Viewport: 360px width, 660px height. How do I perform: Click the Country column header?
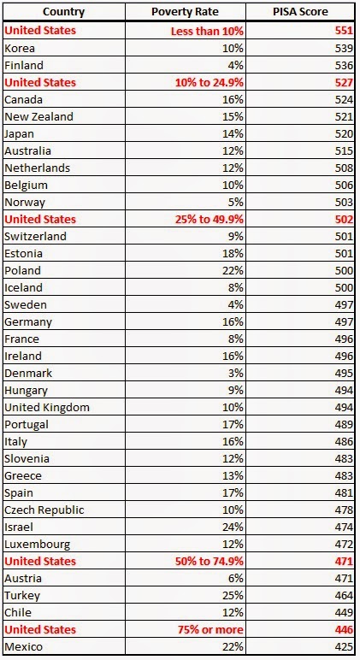(63, 12)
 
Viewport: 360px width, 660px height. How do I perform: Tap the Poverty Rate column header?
(185, 12)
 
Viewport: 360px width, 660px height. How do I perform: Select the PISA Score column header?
(300, 12)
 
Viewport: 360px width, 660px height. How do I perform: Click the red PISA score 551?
(344, 31)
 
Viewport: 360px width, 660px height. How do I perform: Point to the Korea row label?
(20, 49)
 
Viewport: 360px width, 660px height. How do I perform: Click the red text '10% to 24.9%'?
(210, 82)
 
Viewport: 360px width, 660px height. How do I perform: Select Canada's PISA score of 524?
(344, 100)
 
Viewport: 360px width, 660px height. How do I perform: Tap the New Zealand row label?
(38, 116)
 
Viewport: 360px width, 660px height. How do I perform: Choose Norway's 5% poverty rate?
(236, 202)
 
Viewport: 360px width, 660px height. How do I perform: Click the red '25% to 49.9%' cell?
(210, 220)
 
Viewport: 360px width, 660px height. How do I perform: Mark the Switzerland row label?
(35, 236)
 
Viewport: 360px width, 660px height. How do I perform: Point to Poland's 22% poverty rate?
(233, 271)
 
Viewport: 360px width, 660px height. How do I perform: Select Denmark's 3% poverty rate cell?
(236, 373)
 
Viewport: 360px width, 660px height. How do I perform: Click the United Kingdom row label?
(47, 408)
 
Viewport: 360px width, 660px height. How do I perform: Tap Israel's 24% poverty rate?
(233, 527)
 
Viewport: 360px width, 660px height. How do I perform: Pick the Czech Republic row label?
(44, 510)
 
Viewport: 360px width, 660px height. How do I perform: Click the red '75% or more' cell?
(210, 630)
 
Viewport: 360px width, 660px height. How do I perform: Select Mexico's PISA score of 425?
(344, 646)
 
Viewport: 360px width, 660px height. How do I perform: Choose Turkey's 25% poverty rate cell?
(233, 595)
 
